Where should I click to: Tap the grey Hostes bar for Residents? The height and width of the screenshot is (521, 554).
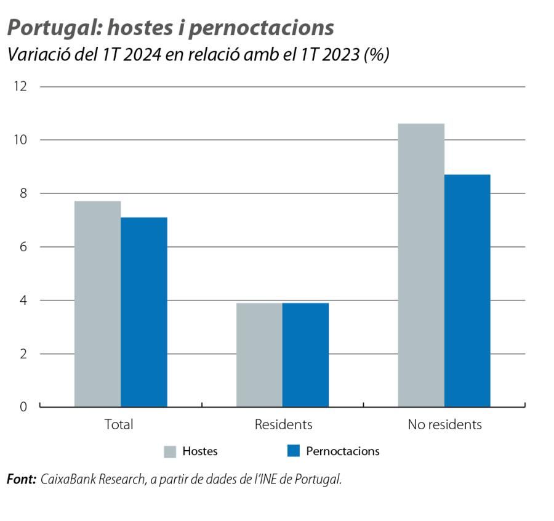click(259, 355)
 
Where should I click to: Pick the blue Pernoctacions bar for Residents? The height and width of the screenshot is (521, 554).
click(305, 355)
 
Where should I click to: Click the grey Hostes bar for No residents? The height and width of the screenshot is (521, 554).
click(421, 265)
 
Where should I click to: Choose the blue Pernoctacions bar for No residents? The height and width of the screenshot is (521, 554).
click(467, 291)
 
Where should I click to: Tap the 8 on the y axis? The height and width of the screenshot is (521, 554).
click(23, 193)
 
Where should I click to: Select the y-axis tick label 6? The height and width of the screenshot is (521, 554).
click(23, 247)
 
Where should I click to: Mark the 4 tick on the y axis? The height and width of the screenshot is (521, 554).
click(23, 301)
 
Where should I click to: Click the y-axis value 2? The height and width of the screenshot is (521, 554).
click(23, 354)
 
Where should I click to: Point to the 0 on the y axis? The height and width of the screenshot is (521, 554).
click(23, 407)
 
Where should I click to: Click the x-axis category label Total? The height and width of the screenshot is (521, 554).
click(119, 425)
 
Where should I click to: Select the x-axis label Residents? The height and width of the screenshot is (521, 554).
click(283, 425)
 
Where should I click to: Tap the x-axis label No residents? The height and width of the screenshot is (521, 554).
click(444, 425)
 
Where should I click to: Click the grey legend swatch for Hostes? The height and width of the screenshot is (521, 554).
click(170, 451)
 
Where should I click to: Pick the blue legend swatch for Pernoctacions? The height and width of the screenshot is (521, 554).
click(293, 451)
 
